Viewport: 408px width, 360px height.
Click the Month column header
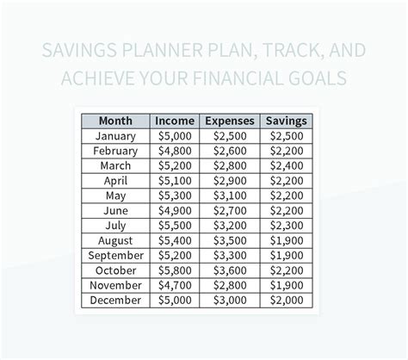tap(115, 121)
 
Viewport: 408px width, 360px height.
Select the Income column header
tap(175, 121)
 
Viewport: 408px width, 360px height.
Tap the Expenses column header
tap(230, 121)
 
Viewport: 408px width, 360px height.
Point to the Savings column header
tap(287, 121)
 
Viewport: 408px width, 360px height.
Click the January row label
tap(115, 136)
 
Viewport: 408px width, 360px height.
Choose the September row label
tap(116, 256)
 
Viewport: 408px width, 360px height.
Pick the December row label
tap(115, 300)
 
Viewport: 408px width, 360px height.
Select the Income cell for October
tap(175, 270)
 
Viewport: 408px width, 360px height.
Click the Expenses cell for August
tap(230, 240)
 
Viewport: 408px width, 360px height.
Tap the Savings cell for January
tap(287, 136)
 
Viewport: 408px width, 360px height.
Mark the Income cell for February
tap(175, 151)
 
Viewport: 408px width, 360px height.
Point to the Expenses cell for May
tap(230, 196)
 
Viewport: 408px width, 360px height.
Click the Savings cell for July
tap(287, 226)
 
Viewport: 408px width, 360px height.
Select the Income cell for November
tap(175, 285)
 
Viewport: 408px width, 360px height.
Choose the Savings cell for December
tap(287, 301)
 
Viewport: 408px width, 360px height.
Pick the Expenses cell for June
tap(230, 211)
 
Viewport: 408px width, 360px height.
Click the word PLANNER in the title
tap(163, 50)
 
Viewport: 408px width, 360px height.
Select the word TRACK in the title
tap(294, 51)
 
